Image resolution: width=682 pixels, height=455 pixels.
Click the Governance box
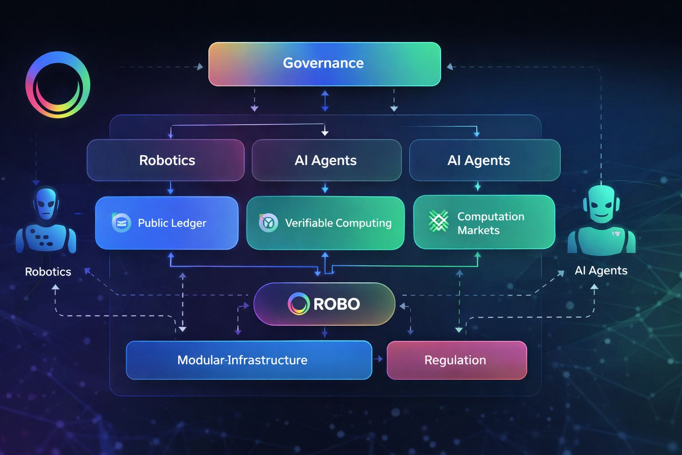coord(324,64)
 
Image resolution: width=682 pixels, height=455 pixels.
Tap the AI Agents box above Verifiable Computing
coord(326,160)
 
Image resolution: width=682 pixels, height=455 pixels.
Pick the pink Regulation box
coord(456,360)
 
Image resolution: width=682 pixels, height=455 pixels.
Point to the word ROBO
coord(337,304)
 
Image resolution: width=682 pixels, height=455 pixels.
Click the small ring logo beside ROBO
coord(298,304)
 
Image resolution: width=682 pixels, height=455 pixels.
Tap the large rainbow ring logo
coord(58,84)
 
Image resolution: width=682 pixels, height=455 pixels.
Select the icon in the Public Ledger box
coord(121,223)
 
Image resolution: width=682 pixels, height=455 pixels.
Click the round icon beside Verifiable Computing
coord(268,223)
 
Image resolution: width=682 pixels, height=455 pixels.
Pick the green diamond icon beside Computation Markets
coord(439,221)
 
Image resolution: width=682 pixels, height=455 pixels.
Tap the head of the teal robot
coord(601,204)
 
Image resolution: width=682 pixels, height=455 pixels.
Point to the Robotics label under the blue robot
coord(48,272)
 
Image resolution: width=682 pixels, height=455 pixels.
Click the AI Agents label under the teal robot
coord(601,271)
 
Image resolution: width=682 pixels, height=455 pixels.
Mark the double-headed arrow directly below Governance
coord(325,101)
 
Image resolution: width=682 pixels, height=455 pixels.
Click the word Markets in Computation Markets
coord(478,230)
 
